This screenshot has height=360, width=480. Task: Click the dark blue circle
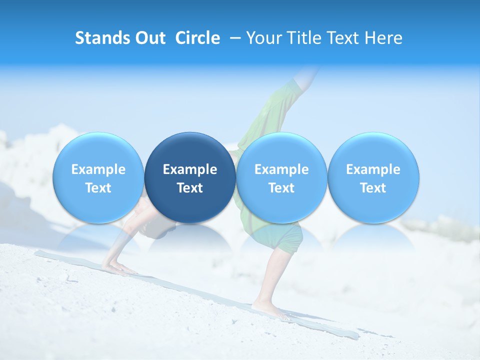[x=190, y=177]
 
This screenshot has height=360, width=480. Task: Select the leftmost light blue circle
[x=98, y=177]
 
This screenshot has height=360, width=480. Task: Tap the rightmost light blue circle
[x=373, y=177]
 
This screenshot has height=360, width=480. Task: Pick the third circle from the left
[x=281, y=177]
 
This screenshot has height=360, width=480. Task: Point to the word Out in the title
[x=149, y=38]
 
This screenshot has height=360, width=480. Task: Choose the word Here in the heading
[x=384, y=38]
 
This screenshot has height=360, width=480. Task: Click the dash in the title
[x=234, y=38]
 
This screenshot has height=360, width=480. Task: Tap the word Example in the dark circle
[x=190, y=169]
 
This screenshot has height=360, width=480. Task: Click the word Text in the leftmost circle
[x=98, y=188]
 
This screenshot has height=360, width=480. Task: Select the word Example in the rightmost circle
[x=373, y=169]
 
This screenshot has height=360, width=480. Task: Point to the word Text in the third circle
[x=281, y=188]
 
